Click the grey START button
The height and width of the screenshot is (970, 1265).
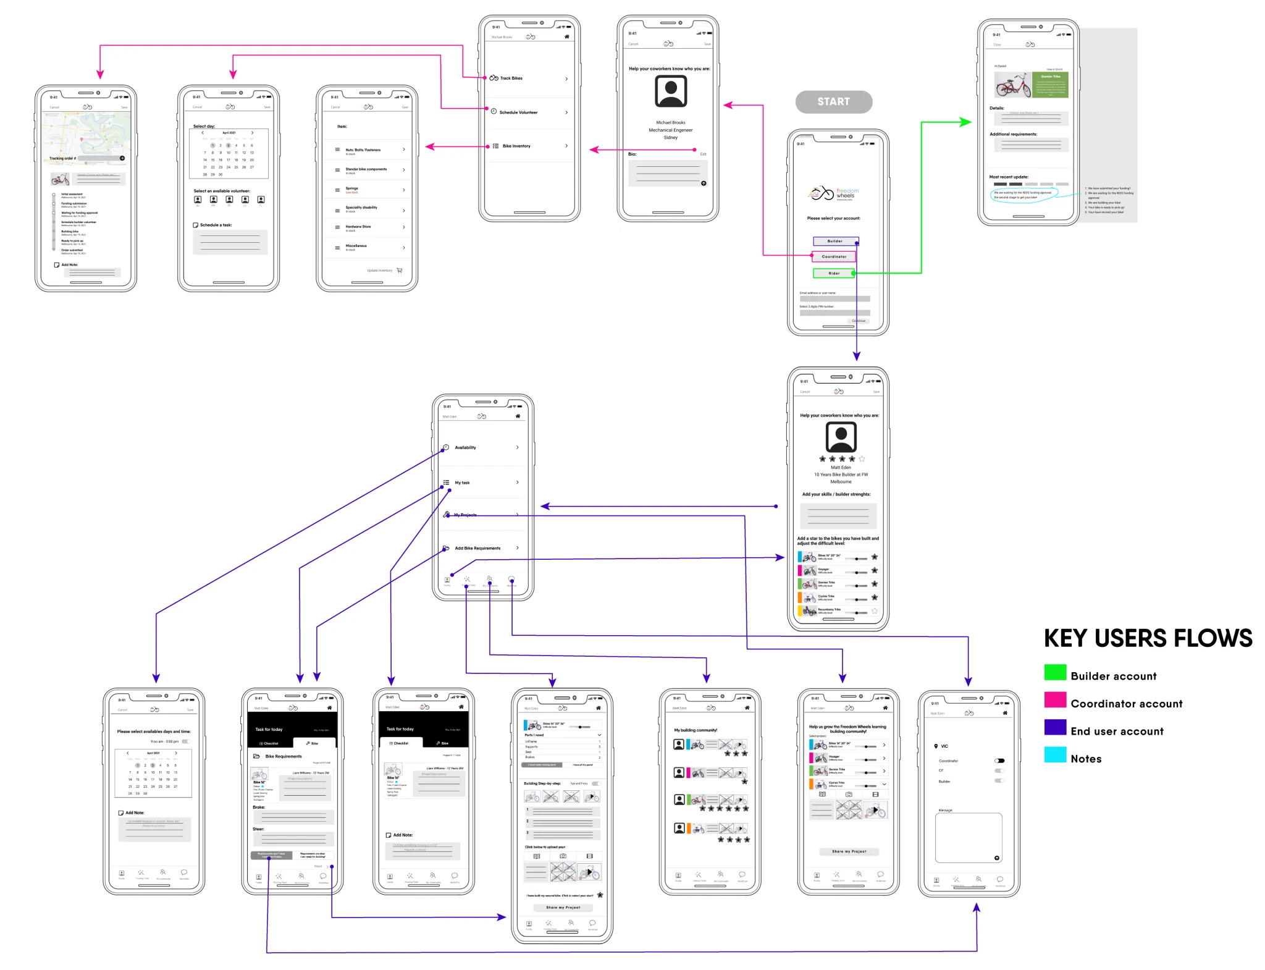click(x=833, y=102)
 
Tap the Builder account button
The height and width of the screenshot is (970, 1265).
click(x=835, y=241)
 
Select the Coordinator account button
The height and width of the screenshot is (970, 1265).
click(x=834, y=256)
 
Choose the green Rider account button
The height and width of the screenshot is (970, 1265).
click(x=834, y=273)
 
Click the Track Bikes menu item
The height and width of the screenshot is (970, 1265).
click(x=529, y=78)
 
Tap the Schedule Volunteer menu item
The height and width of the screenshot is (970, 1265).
click(x=529, y=112)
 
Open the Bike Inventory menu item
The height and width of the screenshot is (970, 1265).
click(x=529, y=146)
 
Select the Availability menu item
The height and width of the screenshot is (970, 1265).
click(x=482, y=447)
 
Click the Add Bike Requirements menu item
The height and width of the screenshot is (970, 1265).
click(x=482, y=548)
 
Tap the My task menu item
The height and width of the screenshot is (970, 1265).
click(x=482, y=483)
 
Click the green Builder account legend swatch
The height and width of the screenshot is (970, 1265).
click(x=1055, y=672)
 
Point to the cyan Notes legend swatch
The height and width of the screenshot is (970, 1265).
click(x=1055, y=755)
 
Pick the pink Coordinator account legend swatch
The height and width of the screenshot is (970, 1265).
click(x=1055, y=700)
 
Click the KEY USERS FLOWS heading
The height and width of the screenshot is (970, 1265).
click(x=1148, y=638)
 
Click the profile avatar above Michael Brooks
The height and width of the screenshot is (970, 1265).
click(x=671, y=91)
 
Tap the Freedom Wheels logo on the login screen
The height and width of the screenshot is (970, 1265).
click(x=833, y=194)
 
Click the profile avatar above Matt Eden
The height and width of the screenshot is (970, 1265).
click(x=841, y=437)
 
